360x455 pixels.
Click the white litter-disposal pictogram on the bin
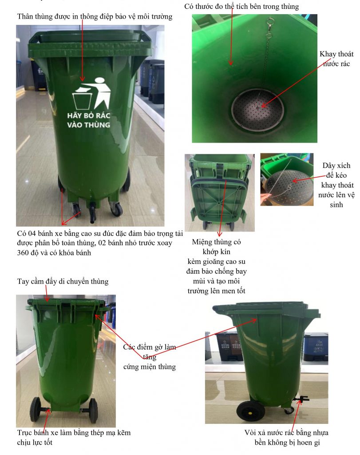pos(91,93)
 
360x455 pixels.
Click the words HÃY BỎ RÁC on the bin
pos(89,116)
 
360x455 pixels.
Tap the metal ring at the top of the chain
pos(270,21)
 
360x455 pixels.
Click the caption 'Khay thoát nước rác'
pos(336,59)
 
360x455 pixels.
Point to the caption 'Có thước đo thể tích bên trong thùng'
pos(241,6)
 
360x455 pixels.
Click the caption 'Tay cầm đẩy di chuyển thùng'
pos(63,281)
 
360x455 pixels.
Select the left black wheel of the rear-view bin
pos(36,410)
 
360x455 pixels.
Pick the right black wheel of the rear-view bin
pos(94,411)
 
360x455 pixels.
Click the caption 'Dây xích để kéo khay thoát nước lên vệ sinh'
pos(336,185)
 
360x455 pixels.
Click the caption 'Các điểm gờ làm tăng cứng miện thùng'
pos(150,357)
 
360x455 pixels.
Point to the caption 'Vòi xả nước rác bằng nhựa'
pos(286,433)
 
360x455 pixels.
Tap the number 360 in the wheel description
pos(23,253)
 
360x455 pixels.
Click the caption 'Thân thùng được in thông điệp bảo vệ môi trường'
pos(95,16)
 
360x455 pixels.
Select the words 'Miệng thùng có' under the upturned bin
pos(216,242)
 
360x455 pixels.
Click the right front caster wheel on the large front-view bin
pos(116,208)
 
